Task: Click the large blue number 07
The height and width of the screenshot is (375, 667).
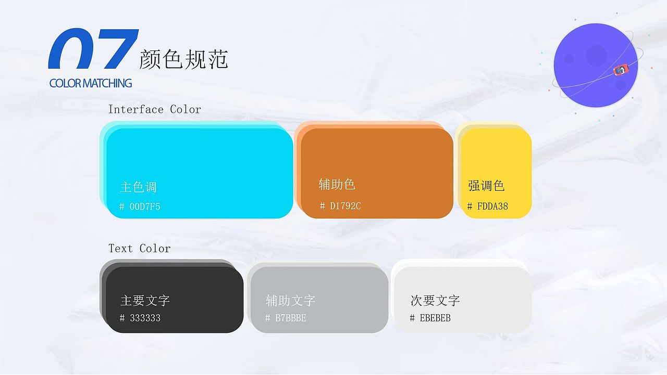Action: (x=94, y=49)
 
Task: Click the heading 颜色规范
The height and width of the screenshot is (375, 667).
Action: (x=183, y=59)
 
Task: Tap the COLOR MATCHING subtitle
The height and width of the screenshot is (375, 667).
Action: (x=91, y=83)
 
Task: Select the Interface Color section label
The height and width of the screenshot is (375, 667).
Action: (x=154, y=109)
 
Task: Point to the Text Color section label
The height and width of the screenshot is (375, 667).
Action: (x=139, y=249)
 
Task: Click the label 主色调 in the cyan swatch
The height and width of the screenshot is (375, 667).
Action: (x=138, y=187)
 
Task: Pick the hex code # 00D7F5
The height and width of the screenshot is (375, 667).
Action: (x=140, y=206)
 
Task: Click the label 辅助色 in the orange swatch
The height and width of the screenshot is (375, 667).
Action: (x=337, y=184)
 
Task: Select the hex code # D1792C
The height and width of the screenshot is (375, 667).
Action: (x=340, y=206)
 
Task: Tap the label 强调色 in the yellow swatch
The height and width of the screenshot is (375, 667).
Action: (x=486, y=186)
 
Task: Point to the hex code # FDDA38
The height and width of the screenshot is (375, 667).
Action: (x=488, y=206)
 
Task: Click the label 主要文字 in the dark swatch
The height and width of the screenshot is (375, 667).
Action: (x=145, y=301)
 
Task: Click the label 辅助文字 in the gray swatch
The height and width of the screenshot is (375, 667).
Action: (x=290, y=301)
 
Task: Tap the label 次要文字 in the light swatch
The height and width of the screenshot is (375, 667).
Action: (x=435, y=301)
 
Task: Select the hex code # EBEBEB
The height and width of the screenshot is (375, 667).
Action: (x=430, y=318)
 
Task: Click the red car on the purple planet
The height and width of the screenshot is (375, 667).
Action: (x=621, y=70)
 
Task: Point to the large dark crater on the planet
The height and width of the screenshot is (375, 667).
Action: (x=596, y=54)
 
